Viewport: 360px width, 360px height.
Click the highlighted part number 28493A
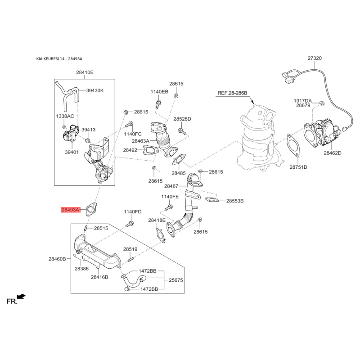71,210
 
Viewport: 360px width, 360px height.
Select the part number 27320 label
315,58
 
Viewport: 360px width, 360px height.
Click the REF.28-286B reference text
232,93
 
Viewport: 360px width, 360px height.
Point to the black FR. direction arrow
22,297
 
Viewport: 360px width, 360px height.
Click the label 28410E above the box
85,72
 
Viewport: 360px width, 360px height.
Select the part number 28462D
333,153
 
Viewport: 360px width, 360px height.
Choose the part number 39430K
95,90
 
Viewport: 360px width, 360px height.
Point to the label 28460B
57,259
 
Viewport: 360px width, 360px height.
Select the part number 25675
176,280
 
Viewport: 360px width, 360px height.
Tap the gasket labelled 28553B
211,200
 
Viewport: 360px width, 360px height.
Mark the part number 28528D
182,119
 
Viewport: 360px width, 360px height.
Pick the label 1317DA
303,101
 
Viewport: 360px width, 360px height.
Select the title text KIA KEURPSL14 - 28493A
59,59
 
